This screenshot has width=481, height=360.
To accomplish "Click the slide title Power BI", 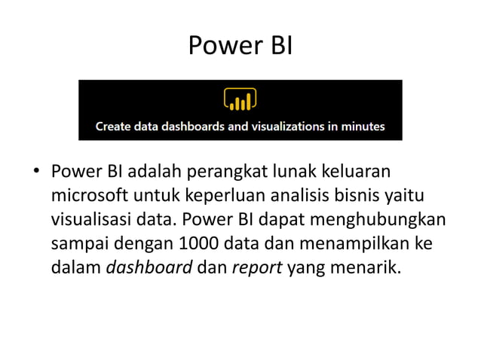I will pyautogui.click(x=240, y=47).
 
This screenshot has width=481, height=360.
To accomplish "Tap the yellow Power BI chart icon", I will pyautogui.click(x=240, y=100).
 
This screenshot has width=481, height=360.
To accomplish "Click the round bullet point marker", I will pyautogui.click(x=35, y=173).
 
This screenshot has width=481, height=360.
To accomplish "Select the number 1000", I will pyautogui.click(x=199, y=245).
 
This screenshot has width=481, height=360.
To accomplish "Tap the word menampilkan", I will pyautogui.click(x=362, y=245).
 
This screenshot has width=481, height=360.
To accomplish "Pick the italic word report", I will pyautogui.click(x=256, y=269).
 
